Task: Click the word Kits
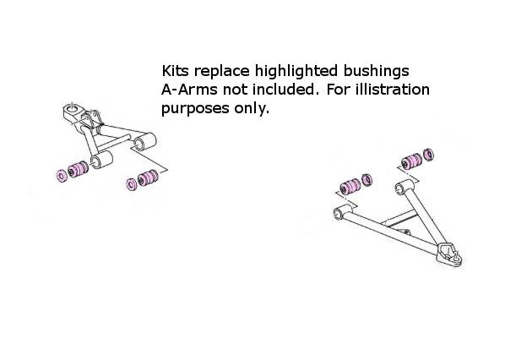[x=175, y=71]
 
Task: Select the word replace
[x=221, y=72]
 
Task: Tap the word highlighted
[x=296, y=72]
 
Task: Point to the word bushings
[x=376, y=72]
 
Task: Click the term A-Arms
[x=189, y=90]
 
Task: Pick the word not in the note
[x=235, y=90]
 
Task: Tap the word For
[x=338, y=90]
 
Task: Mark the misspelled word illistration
[x=393, y=90]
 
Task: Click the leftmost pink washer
[x=61, y=175]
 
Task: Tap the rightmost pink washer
[x=429, y=155]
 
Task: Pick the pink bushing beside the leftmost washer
[x=78, y=169]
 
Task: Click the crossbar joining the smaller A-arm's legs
[x=113, y=144]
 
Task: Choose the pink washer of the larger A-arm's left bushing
[x=367, y=180]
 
